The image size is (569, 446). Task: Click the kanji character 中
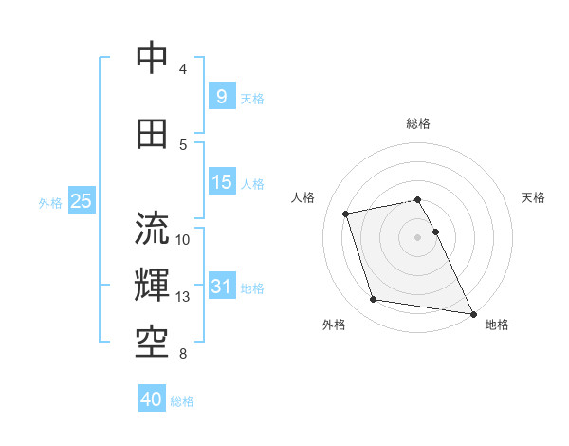point(153,58)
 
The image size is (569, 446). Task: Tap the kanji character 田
point(153,133)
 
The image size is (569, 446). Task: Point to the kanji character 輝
point(153,285)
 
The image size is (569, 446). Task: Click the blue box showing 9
point(221,96)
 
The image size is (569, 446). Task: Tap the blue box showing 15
point(221,182)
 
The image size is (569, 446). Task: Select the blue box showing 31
point(221,287)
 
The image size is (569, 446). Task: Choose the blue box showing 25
point(81,201)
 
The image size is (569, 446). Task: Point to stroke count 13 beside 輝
point(183,297)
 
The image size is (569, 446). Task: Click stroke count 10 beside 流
point(183,239)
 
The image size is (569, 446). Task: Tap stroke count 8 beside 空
point(183,355)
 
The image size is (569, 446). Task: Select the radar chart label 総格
point(418,123)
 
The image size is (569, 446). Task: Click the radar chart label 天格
point(533,197)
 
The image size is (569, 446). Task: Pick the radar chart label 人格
point(303,197)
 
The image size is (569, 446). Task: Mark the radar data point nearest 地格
point(471,312)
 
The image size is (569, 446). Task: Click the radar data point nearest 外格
point(374,300)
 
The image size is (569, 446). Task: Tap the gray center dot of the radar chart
point(418,236)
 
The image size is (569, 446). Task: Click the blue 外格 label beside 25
point(49,202)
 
